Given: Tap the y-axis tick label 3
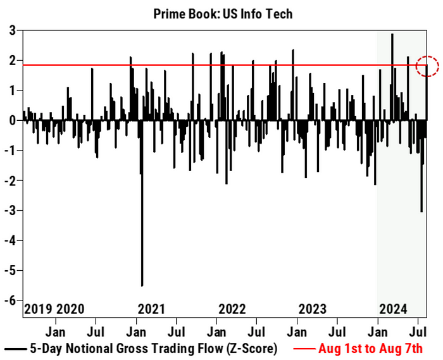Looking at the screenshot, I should [x=12, y=30].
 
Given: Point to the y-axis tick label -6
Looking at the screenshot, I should [x=10, y=301].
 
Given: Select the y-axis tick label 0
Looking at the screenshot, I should [x=12, y=120].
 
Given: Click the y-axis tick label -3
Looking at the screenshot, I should [x=10, y=211].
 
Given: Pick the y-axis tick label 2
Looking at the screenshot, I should [x=12, y=61].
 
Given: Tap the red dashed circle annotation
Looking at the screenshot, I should [x=427, y=65].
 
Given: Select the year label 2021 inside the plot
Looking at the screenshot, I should [x=151, y=309].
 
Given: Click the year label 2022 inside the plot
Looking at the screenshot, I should [x=232, y=309].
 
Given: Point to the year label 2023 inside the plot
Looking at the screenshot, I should [x=313, y=309].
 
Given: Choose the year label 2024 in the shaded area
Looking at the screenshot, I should [x=392, y=309].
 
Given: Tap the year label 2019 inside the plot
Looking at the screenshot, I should [x=38, y=309].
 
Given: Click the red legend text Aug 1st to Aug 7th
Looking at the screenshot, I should [x=370, y=347].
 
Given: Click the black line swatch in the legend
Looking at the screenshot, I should [x=15, y=348].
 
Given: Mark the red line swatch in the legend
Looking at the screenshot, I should [x=304, y=348].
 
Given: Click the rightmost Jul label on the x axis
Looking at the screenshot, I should [x=417, y=331].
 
